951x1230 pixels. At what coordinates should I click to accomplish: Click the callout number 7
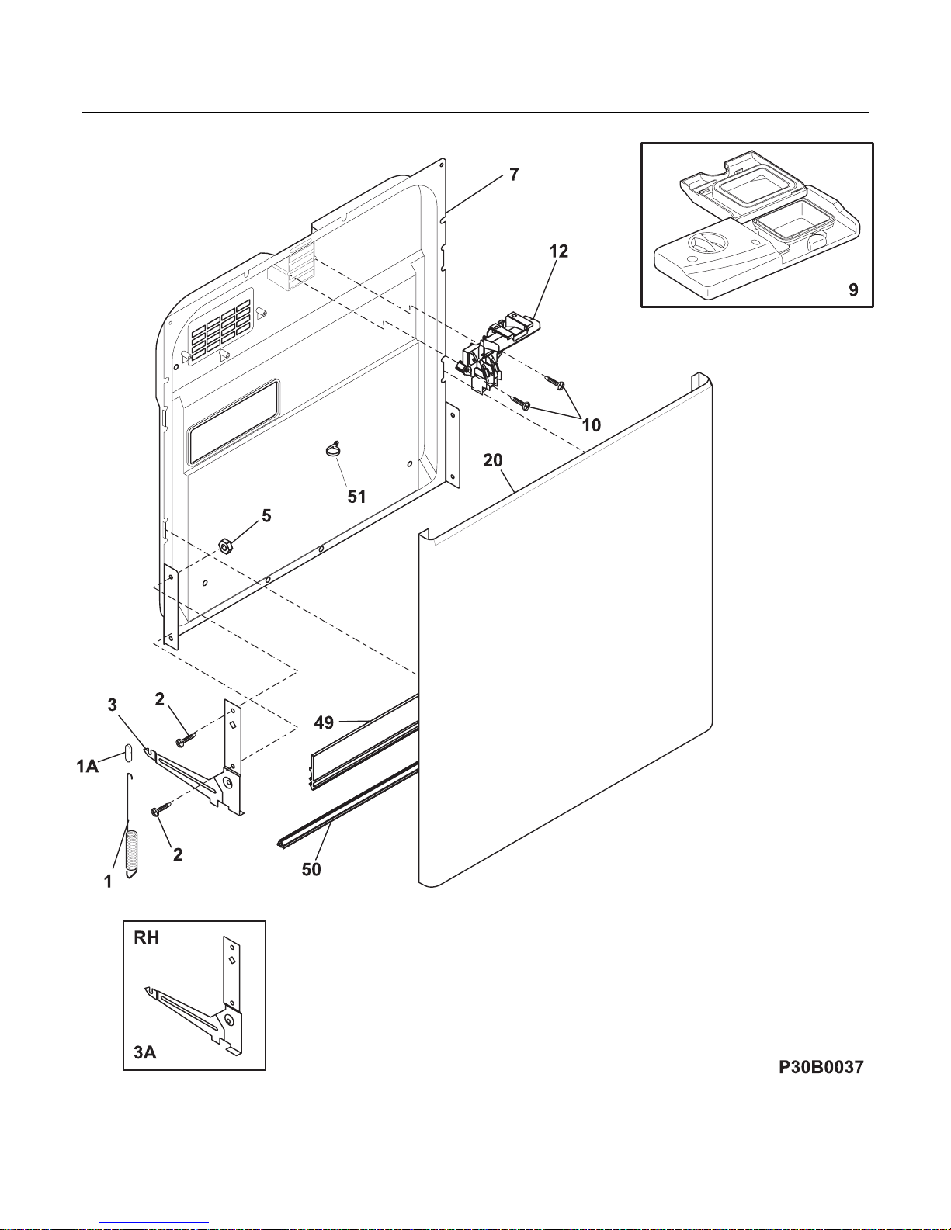coord(513,175)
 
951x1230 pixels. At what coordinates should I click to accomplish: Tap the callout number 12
coord(558,251)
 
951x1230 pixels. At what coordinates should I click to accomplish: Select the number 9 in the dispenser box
coord(853,289)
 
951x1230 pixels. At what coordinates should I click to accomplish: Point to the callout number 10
coord(592,425)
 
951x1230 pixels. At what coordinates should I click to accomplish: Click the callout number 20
coord(492,460)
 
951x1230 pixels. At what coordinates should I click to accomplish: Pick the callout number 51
coord(356,497)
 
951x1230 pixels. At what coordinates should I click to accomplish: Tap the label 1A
coord(87,767)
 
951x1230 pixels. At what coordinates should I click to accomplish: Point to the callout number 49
coord(324,722)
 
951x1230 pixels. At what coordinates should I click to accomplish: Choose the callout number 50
coord(311,869)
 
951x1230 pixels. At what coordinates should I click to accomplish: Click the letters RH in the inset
coord(146,938)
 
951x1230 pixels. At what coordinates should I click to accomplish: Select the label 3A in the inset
coord(145,1052)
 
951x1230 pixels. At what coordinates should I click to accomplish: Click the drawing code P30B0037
coord(821,1067)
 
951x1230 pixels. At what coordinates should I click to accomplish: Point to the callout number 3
coord(112,705)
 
